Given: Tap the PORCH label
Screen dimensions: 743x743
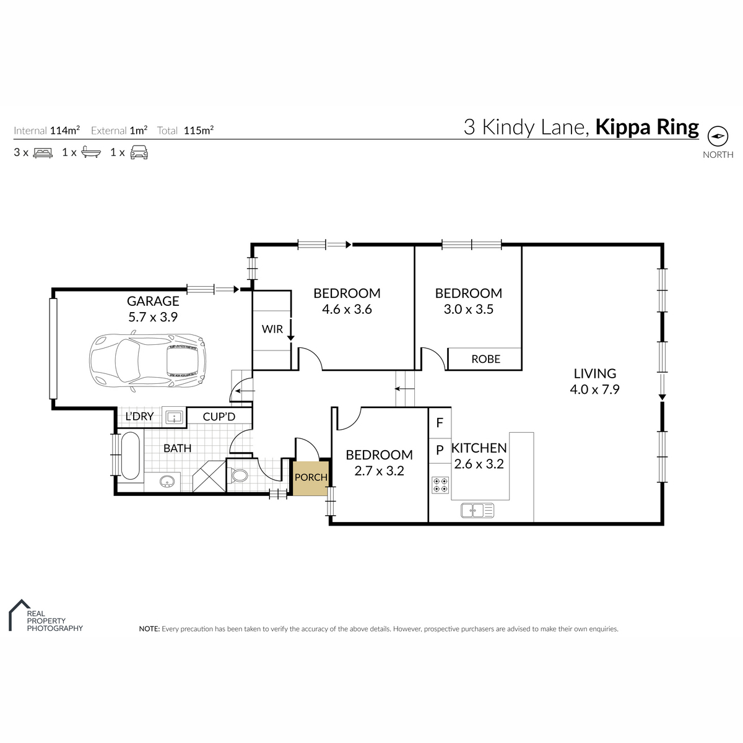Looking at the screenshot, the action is pos(311,477).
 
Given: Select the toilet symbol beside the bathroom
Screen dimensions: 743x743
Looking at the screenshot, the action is pos(238,476).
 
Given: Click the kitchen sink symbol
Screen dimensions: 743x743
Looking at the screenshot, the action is pos(477,510).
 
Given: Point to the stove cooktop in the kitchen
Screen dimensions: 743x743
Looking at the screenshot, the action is pos(440,485).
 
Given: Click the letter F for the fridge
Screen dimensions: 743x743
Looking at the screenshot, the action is pos(440,423).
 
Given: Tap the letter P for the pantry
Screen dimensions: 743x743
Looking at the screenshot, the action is pos(440,450).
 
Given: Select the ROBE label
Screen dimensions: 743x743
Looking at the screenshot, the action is pos(485,359).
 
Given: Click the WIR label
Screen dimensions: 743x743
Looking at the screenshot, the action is pos(272,329).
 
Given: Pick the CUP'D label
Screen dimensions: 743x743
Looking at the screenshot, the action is pos(219,417).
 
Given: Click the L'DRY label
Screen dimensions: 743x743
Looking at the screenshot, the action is pos(139,417).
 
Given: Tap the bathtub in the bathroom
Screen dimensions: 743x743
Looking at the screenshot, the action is pos(130,456).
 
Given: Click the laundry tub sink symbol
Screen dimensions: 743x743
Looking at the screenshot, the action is pos(174,417).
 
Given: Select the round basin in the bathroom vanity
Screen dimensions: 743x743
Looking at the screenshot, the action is pos(167,482).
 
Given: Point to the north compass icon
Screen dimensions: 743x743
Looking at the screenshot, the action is pos(718,136).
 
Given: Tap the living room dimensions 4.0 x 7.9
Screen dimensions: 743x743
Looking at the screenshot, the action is pos(594,389).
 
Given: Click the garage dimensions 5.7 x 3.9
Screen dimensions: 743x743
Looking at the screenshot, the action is pos(153,318).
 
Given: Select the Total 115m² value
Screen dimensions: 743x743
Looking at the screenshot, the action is pos(199,130).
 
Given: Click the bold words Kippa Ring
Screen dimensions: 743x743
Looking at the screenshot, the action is pos(647,128).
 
